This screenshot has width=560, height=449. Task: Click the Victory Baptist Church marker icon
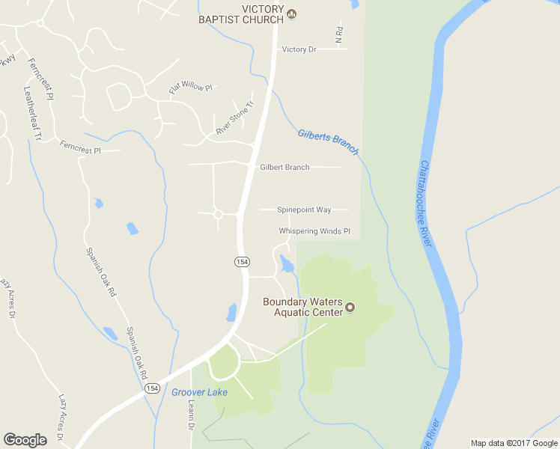pos(292,13)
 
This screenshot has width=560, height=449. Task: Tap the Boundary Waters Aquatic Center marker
pos(349,308)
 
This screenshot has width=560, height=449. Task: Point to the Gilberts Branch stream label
pos(328,142)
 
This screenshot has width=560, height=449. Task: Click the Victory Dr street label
pos(299,49)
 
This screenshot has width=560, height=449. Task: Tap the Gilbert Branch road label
pos(284,167)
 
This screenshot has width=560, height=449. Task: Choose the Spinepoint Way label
pos(304,210)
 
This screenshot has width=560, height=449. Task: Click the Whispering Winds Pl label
pos(314,231)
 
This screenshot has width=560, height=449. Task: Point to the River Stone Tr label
pos(235,118)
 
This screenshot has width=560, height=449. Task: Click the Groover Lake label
pos(199,392)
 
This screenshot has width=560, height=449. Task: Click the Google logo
pos(25,440)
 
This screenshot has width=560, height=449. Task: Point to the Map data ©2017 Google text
pos(514,443)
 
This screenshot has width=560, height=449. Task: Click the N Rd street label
pos(339,35)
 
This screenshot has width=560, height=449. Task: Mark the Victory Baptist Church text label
pos(241,13)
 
